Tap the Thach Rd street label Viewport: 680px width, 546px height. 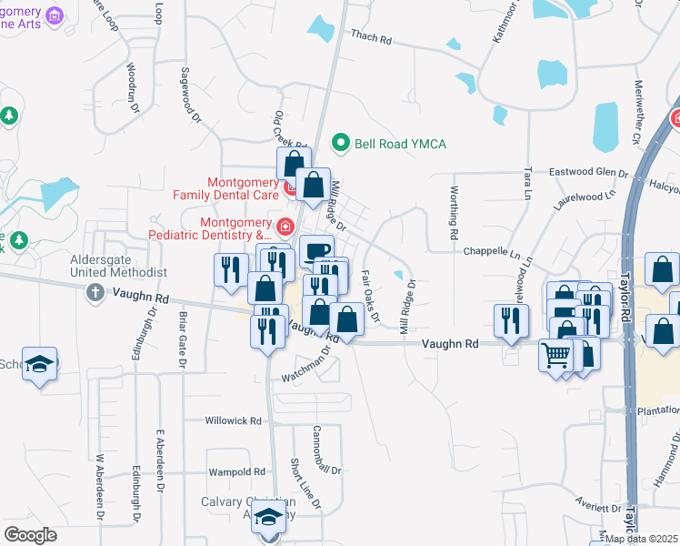coord(370,37)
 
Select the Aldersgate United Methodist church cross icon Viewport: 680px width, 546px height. coord(95,293)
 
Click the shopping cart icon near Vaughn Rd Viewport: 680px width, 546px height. coord(555,354)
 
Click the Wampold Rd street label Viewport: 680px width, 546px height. coord(235,472)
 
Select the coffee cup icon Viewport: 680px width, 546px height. coord(316,249)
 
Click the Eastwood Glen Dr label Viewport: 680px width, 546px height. coord(587,172)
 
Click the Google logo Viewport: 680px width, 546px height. coord(31,535)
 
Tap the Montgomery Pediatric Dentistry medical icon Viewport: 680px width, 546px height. coord(285,226)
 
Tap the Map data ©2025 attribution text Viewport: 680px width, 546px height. coord(642,539)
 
